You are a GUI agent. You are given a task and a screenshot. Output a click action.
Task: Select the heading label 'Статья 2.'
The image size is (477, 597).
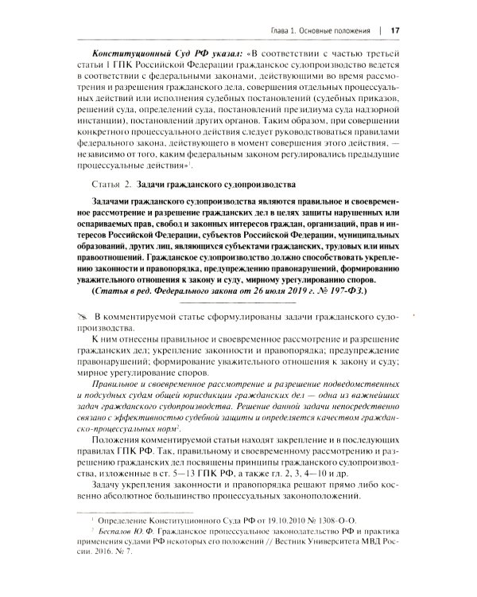pos(109,184)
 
